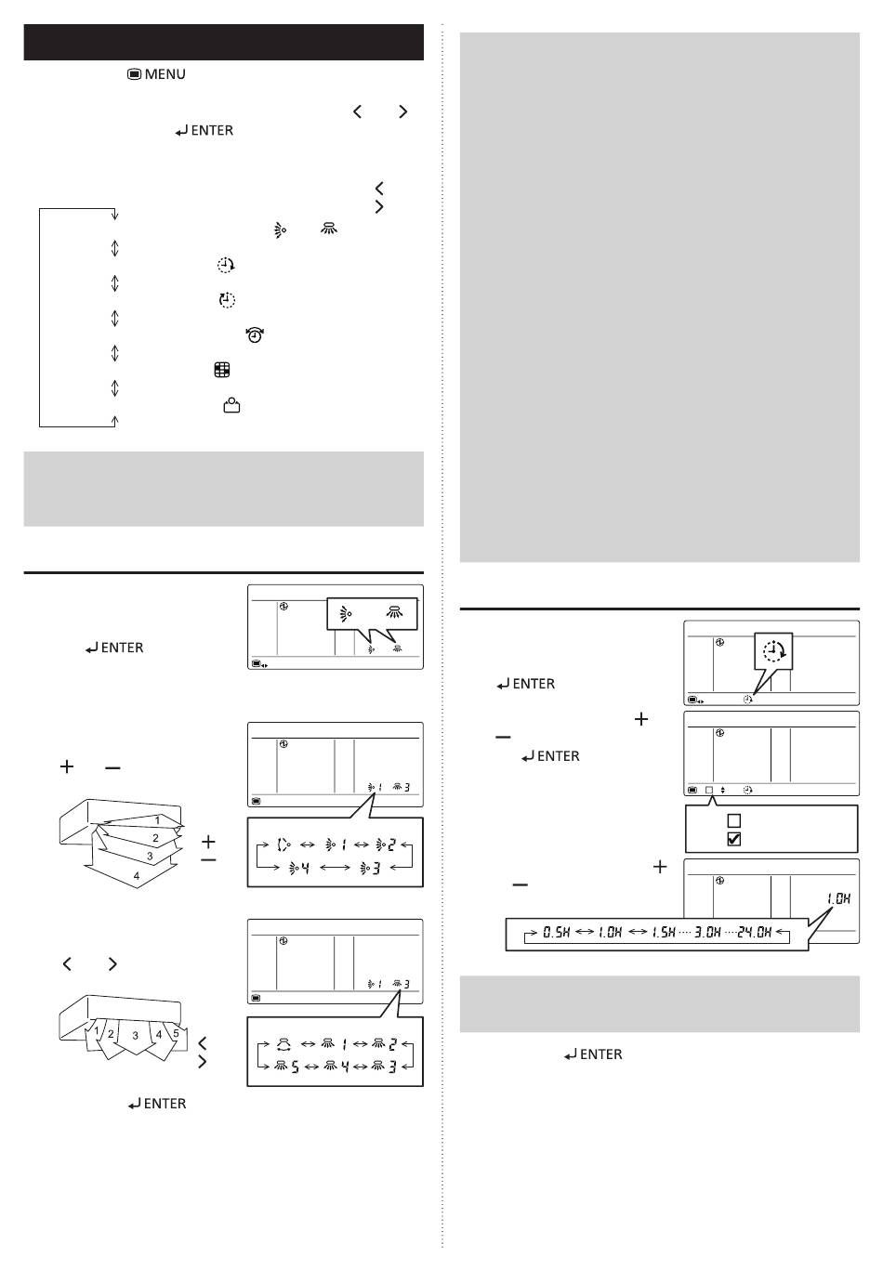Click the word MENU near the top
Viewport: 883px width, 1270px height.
(165, 74)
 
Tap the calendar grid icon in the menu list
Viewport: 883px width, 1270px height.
(222, 371)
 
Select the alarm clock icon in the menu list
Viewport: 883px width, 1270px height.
(255, 335)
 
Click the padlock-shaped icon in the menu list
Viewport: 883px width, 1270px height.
(231, 405)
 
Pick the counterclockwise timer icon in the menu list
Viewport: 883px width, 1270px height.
(227, 300)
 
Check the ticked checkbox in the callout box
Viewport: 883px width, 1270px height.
(733, 839)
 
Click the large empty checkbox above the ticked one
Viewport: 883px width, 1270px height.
(733, 820)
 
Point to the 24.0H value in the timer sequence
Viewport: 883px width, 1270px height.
(754, 932)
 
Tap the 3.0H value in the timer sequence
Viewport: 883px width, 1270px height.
(707, 932)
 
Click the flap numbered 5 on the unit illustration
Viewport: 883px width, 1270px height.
(176, 1034)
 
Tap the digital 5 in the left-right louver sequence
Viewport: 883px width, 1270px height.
(295, 1067)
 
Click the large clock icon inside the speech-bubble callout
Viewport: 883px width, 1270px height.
(774, 651)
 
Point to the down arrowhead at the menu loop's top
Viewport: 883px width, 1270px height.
(115, 215)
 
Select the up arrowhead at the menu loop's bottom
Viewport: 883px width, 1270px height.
(115, 420)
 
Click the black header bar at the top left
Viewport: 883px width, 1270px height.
(223, 42)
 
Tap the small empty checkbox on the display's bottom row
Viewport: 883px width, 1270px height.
(709, 790)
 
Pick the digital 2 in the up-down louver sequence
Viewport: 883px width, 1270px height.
(391, 844)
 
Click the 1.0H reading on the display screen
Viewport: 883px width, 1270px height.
(838, 898)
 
